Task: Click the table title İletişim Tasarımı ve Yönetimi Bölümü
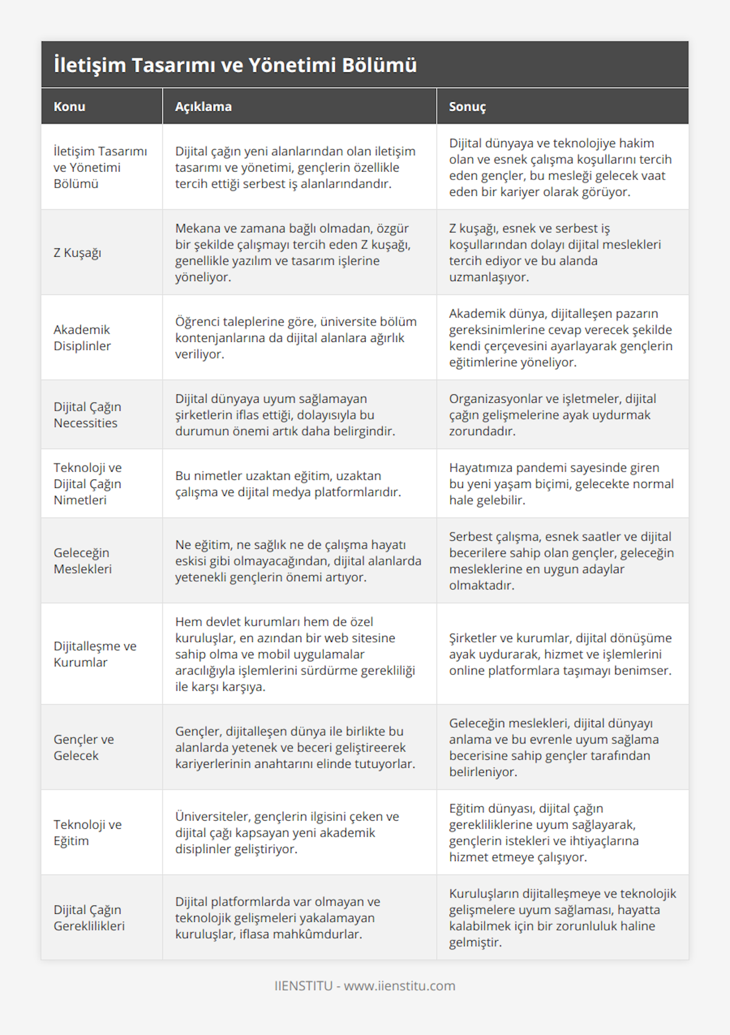click(x=235, y=65)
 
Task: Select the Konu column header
click(x=69, y=106)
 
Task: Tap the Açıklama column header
click(x=203, y=106)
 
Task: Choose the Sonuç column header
click(x=467, y=106)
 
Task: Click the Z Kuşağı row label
click(x=77, y=253)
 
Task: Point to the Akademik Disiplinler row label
click(x=82, y=338)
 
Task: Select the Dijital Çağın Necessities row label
click(x=87, y=415)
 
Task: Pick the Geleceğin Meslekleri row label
click(x=83, y=561)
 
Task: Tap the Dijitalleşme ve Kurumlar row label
click(x=95, y=654)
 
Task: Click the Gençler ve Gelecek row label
click(x=83, y=747)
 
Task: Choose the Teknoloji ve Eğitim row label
click(x=88, y=832)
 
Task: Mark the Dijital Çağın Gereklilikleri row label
click(x=89, y=918)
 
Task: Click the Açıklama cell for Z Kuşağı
click(x=293, y=253)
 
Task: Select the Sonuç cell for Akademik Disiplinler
click(x=560, y=338)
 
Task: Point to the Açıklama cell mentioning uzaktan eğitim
click(x=288, y=484)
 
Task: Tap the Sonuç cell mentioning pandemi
click(x=561, y=484)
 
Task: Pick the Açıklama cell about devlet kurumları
click(x=295, y=654)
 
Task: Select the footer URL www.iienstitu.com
click(x=399, y=986)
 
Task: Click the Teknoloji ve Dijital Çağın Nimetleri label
click(x=87, y=484)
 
